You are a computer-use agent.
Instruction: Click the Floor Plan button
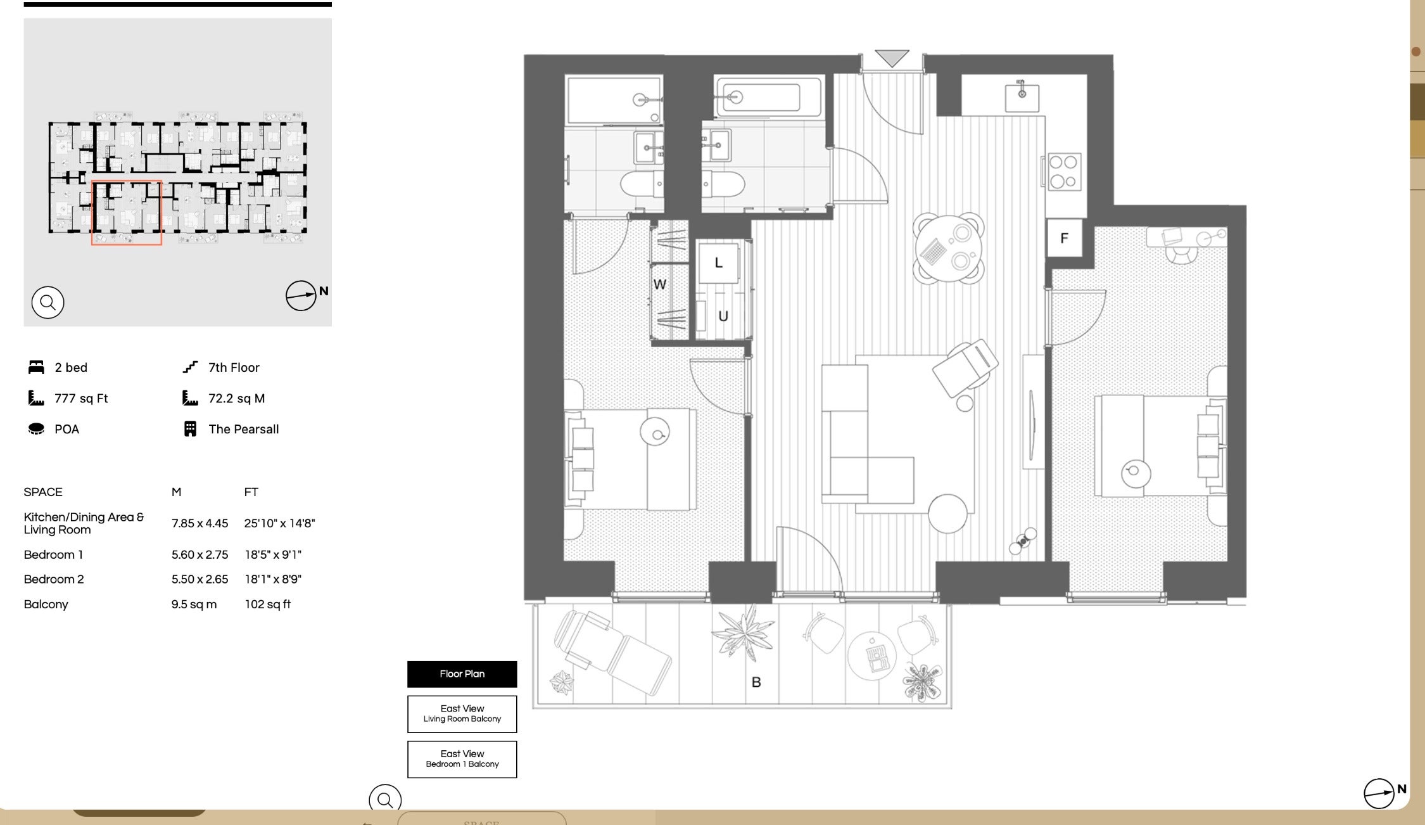[x=462, y=674]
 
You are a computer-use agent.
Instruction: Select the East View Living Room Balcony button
[x=462, y=714]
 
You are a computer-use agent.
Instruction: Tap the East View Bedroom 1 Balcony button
[x=462, y=759]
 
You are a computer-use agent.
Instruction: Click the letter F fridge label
[x=1064, y=238]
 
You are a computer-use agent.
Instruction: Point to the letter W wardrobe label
[x=660, y=285]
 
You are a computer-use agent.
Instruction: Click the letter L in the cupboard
[x=718, y=263]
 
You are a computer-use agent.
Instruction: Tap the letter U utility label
[x=723, y=316]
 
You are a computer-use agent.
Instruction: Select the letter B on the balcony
[x=756, y=682]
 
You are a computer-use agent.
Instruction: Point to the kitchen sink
[x=1022, y=95]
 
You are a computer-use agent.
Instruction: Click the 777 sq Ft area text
[x=81, y=399]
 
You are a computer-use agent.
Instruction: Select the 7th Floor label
[x=234, y=368]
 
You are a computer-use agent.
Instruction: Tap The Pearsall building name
[x=244, y=429]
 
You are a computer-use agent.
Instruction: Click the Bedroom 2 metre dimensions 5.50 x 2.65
[x=199, y=579]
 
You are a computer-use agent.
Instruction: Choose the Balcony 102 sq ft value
[x=268, y=604]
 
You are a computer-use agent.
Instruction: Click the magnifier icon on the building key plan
[x=47, y=302]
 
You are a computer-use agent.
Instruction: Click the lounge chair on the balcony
[x=612, y=653]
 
